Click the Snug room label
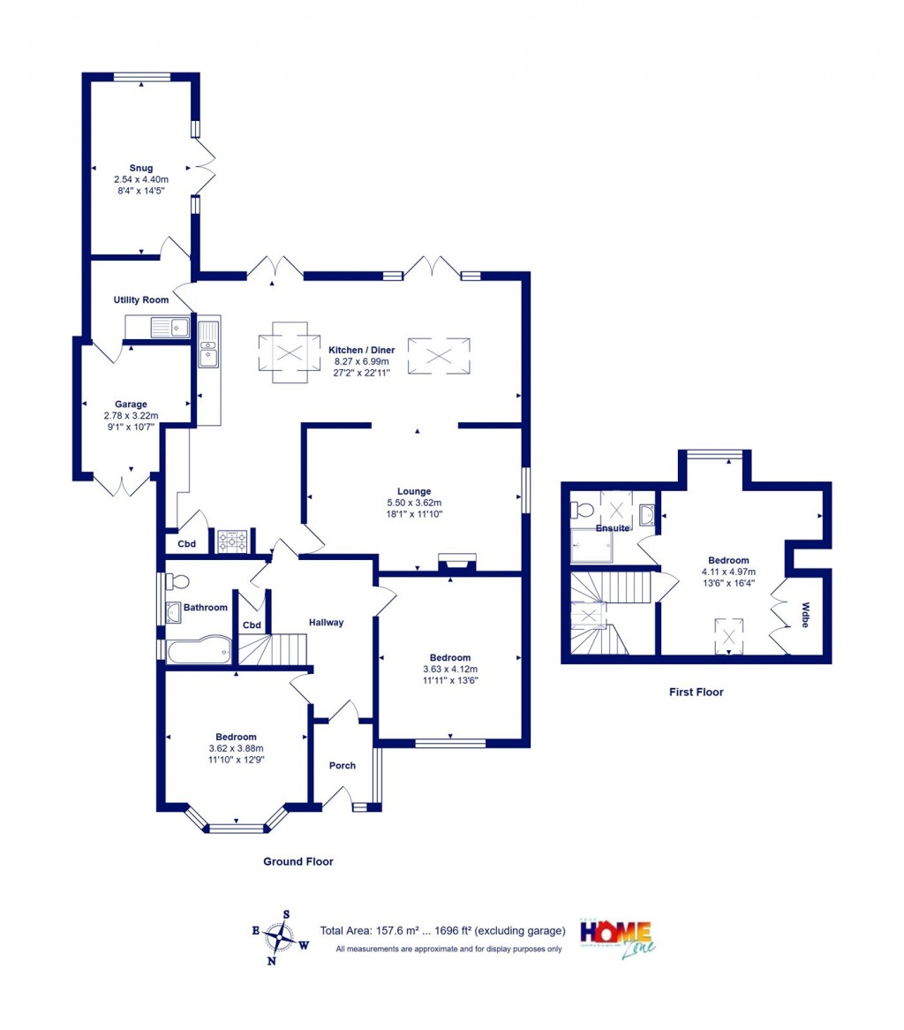coord(140,168)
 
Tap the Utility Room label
coord(140,300)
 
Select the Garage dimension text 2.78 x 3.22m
coord(131,415)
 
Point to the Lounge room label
coord(413,491)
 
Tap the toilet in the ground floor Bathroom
coord(177,581)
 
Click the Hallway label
coord(326,623)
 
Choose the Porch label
coord(343,765)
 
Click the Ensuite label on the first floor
coord(612,528)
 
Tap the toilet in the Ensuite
coord(583,510)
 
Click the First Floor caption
coord(696,693)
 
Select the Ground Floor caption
coord(298,861)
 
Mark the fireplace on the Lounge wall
coord(456,562)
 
